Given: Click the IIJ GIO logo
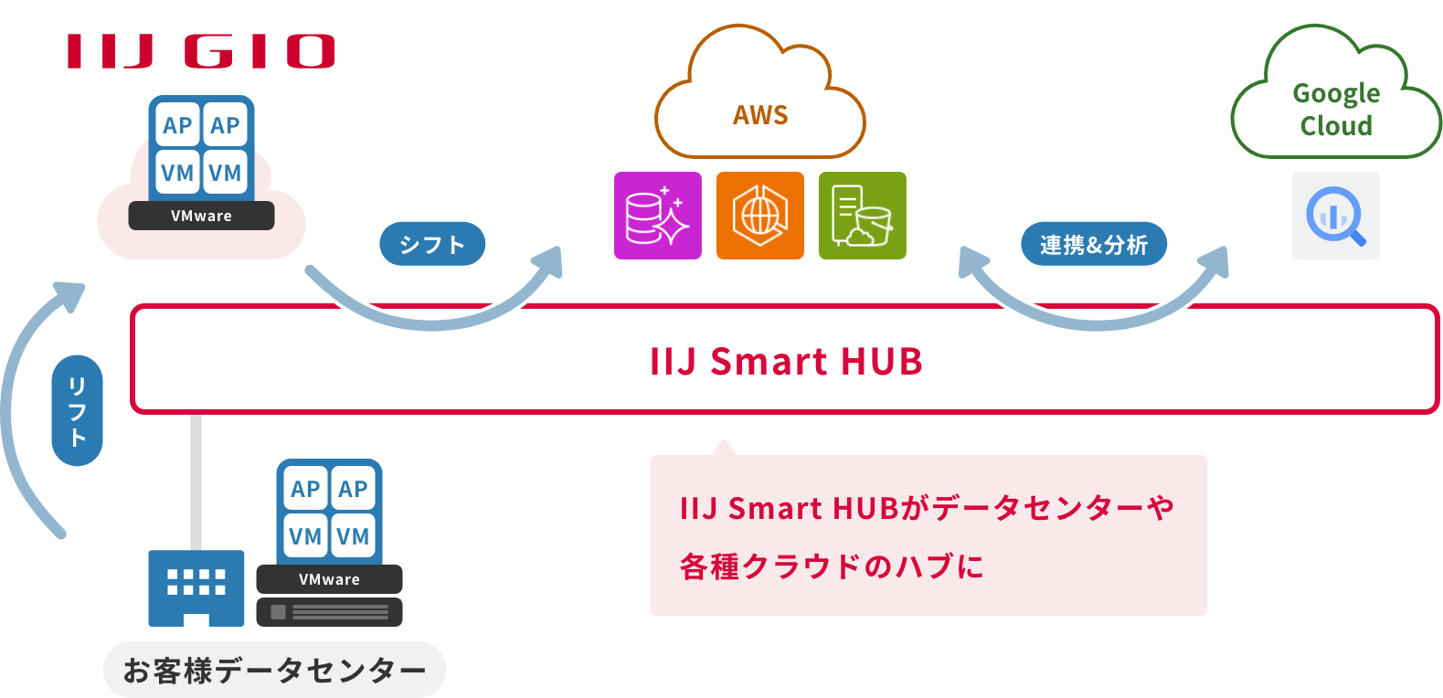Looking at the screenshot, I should (x=200, y=51).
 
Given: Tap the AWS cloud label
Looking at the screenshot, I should (x=759, y=115).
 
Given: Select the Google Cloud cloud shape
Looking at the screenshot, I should (x=1335, y=100).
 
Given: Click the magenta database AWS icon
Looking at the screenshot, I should (x=657, y=216).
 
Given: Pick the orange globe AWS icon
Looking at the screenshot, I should (x=759, y=216).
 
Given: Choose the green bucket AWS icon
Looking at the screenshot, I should (x=862, y=216).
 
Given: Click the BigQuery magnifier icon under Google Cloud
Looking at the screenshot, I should (x=1335, y=216).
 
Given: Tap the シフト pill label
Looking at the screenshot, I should (x=432, y=244).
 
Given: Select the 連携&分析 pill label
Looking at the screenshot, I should (x=1093, y=244).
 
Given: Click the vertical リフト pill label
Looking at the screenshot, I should (x=78, y=411).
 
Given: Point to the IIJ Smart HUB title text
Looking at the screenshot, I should (x=786, y=361).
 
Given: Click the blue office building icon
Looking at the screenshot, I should (x=196, y=587).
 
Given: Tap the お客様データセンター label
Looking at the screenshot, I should (x=274, y=671).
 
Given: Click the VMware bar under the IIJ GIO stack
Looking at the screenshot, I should (x=201, y=216).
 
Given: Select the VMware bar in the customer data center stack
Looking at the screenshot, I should (x=329, y=579).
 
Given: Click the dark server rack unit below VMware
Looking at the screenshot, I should (x=329, y=612).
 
